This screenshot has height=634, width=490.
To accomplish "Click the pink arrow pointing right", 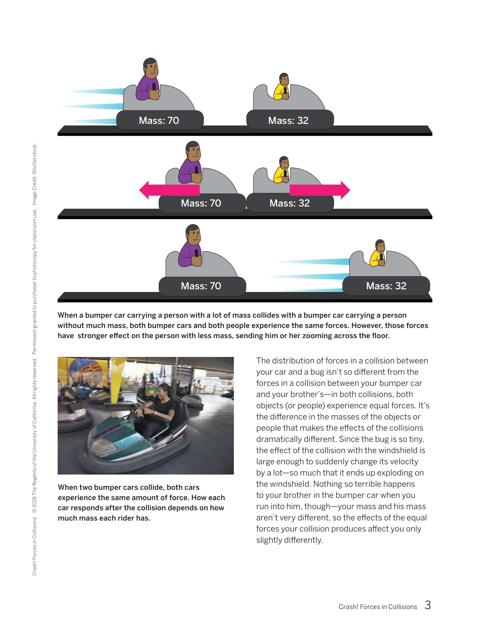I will [320, 190].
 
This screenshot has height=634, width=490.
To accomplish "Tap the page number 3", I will [427, 605].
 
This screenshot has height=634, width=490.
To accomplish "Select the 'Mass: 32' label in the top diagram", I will [288, 120].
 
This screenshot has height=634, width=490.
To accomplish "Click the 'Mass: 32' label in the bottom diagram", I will [386, 286].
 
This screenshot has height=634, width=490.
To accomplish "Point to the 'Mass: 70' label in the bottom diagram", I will [201, 286].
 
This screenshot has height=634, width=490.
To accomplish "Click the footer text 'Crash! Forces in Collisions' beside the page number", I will [378, 607].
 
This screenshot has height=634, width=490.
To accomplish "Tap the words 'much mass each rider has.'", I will [104, 518].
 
